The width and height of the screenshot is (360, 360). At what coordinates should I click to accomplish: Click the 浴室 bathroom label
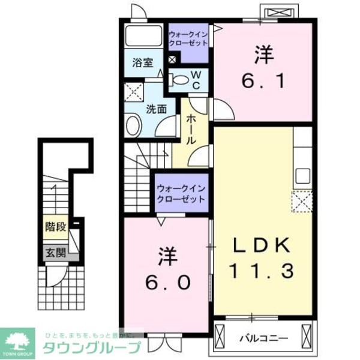[x=142, y=62]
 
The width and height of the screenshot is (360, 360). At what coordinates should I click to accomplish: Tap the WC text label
[x=196, y=80]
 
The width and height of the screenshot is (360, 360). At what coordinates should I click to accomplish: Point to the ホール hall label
[x=190, y=128]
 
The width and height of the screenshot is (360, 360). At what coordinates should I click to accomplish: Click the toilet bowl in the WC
[x=179, y=79]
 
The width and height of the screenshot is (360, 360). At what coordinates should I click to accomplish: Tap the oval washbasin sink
[x=133, y=127]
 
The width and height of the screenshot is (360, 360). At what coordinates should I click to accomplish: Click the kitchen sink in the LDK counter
[x=302, y=176]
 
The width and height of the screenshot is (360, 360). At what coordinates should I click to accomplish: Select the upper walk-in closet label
[x=188, y=38]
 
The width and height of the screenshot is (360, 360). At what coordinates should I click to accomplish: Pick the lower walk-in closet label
[x=180, y=194]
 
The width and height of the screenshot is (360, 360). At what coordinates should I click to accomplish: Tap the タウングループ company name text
[x=91, y=347]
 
